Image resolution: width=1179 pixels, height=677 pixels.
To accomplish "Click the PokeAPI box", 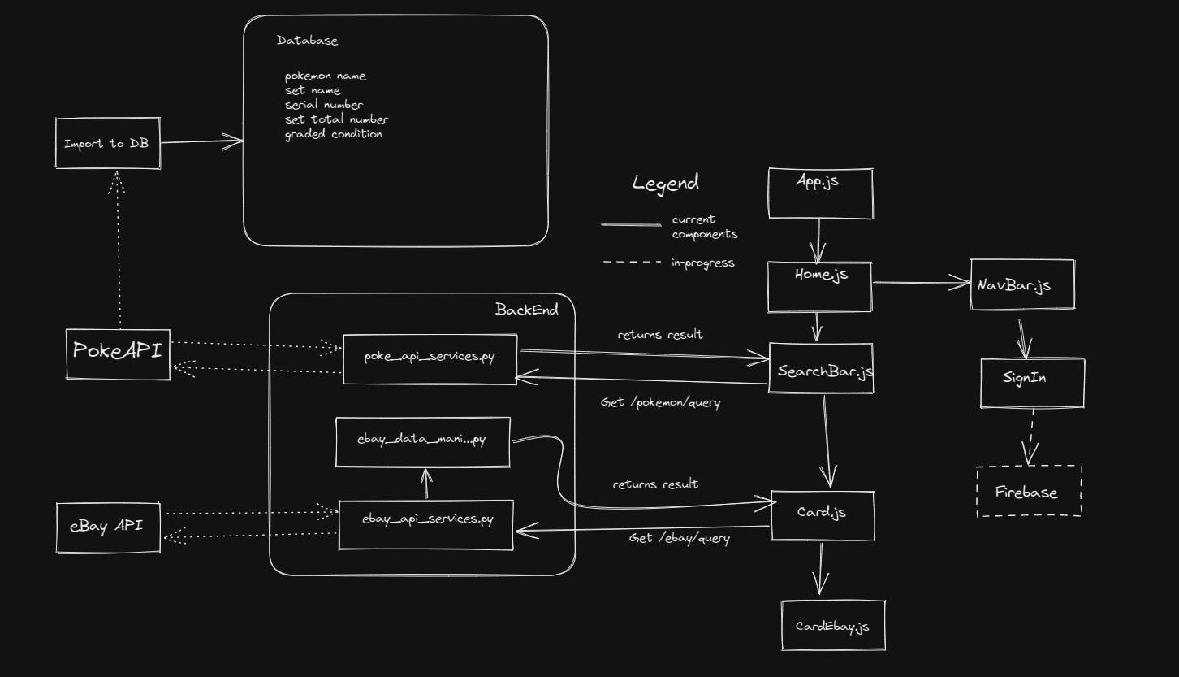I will tap(119, 354).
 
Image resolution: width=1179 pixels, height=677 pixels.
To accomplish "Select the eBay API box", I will tap(108, 527).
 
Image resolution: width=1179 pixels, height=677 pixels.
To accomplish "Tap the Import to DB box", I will tap(107, 144).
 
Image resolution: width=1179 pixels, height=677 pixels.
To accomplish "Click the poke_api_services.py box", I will tap(430, 358).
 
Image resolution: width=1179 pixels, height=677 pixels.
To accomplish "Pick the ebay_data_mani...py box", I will tap(423, 442).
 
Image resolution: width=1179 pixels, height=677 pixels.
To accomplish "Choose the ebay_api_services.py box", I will tap(426, 525).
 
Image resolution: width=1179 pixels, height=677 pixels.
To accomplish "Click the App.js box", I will tap(820, 193).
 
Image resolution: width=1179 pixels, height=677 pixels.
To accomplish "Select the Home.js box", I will tap(819, 287).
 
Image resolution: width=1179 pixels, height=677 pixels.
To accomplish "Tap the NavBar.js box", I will tap(1022, 284).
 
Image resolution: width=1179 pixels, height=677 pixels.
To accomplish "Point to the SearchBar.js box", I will tap(821, 370).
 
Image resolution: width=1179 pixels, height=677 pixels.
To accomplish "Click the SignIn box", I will tap(1032, 382).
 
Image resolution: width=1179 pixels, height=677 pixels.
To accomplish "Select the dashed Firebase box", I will tap(1029, 491).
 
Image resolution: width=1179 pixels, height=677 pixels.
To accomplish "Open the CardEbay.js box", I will tap(832, 626).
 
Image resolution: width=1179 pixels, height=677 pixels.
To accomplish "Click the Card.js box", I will tap(822, 515).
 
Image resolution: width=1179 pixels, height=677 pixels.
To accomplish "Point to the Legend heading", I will tap(665, 183).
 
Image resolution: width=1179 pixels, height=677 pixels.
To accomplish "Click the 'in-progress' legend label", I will tap(702, 263).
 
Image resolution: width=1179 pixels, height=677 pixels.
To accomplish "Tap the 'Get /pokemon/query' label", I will tap(660, 402).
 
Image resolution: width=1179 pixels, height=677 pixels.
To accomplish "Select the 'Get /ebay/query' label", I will tap(679, 538).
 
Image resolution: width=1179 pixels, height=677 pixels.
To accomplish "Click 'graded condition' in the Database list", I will tap(333, 134).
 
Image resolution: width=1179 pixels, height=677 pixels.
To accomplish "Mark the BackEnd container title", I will tap(526, 310).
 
